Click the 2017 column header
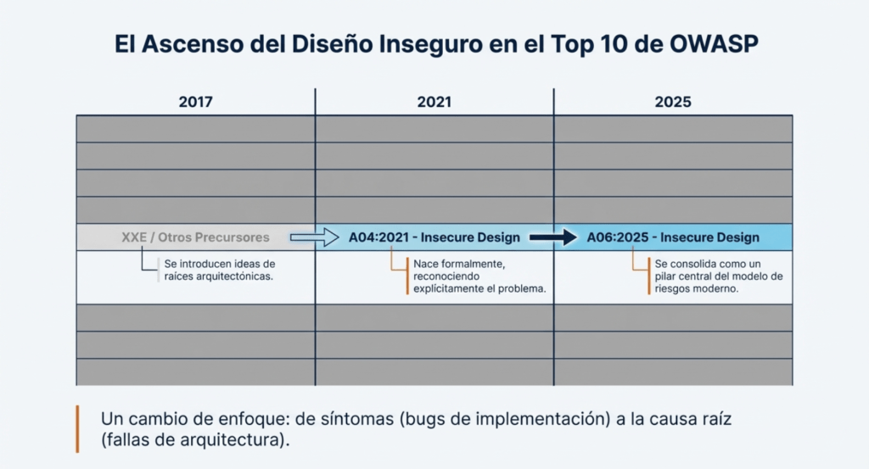(195, 102)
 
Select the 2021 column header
(434, 102)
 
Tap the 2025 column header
(673, 102)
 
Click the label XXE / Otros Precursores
(195, 237)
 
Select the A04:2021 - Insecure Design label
(434, 237)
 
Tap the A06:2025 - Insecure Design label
(673, 237)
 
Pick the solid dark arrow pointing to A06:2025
(552, 237)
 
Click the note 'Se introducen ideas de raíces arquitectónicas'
(218, 271)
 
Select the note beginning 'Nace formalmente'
(479, 276)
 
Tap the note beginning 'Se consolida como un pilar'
(718, 276)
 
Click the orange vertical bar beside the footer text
(77, 429)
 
